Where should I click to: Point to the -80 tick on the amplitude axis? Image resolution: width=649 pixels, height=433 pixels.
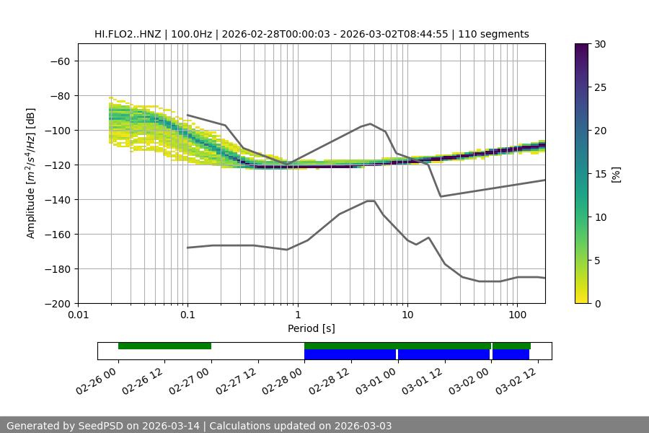point(59,95)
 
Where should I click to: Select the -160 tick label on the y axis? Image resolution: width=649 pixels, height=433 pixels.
point(56,234)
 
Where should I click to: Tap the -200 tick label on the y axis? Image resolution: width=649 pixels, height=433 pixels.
point(56,303)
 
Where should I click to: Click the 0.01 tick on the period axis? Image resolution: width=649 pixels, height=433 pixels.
point(78,315)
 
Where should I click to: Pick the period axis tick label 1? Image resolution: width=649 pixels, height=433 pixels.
point(297,315)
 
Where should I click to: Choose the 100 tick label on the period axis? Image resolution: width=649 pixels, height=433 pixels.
point(516,315)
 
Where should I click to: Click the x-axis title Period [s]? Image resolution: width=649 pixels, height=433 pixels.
point(311,328)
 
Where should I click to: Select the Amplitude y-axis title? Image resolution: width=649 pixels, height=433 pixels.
point(31,173)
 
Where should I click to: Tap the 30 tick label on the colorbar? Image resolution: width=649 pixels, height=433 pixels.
point(600,44)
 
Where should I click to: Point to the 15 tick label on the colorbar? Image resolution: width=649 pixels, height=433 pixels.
point(600,174)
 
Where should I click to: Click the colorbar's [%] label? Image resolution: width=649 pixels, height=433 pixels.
point(616,174)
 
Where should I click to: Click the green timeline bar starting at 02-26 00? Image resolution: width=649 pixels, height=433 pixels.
point(164,346)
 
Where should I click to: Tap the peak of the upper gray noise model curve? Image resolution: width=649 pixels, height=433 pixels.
point(371,123)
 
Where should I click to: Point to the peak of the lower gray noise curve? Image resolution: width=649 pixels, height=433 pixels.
point(371,201)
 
